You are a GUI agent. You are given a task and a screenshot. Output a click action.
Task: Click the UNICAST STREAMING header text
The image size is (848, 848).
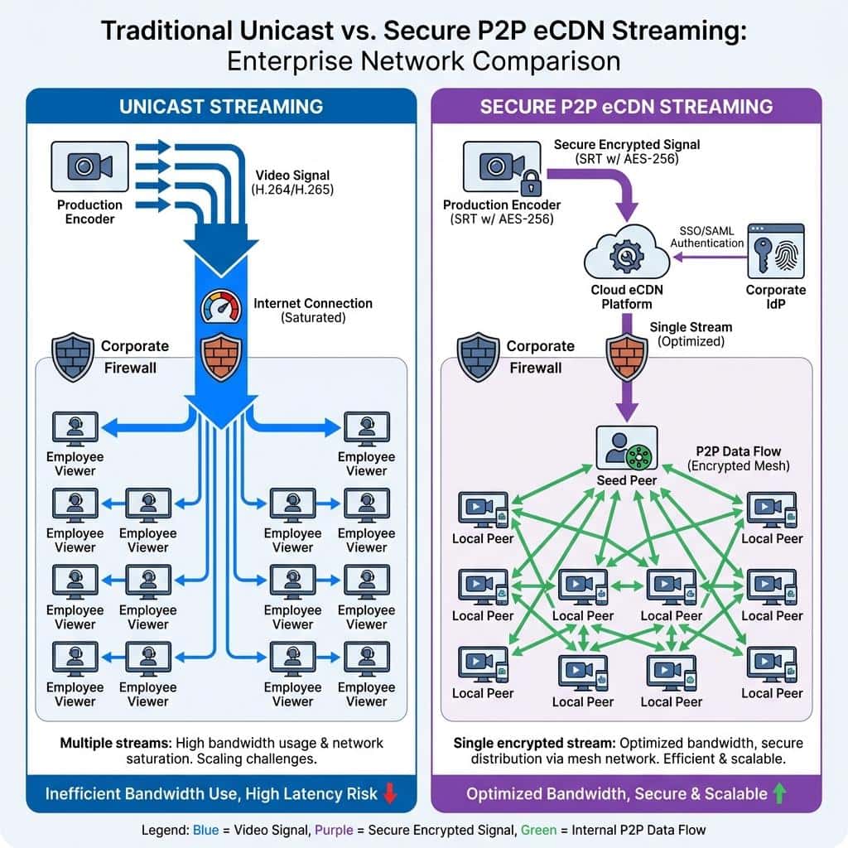click(221, 107)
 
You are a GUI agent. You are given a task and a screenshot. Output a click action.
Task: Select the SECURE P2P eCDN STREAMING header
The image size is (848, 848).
click(626, 107)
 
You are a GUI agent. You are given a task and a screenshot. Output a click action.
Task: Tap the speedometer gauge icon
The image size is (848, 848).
click(220, 307)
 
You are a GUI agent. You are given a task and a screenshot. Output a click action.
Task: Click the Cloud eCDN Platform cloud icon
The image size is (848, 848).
click(627, 253)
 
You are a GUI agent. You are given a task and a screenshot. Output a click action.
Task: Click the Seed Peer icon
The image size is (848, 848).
click(627, 448)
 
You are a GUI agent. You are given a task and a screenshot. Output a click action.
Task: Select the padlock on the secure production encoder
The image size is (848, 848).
click(531, 183)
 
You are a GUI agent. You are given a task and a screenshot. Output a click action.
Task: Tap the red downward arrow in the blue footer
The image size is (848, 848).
click(390, 793)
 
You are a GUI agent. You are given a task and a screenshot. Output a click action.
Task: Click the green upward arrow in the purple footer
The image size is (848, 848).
click(779, 793)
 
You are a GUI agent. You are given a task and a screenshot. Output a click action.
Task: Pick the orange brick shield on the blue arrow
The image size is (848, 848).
click(220, 358)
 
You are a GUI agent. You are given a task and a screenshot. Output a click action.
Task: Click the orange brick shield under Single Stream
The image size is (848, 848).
click(627, 358)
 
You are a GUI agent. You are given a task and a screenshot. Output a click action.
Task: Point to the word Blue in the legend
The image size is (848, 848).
click(206, 830)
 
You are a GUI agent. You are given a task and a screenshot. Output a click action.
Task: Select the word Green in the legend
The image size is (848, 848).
click(538, 830)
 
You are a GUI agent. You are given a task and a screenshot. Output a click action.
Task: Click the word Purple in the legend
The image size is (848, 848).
click(334, 830)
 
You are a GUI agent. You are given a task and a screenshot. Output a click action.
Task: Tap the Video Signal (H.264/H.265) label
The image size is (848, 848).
click(292, 182)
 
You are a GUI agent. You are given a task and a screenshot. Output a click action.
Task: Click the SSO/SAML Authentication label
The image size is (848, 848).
click(707, 237)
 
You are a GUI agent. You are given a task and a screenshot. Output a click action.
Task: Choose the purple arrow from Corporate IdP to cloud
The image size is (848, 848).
click(710, 258)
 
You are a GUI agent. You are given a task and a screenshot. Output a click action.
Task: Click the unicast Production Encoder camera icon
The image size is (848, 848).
click(89, 166)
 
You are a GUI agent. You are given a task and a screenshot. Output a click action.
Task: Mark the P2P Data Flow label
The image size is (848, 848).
click(738, 459)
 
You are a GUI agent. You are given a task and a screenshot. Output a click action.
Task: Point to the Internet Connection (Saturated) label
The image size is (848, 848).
click(313, 311)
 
